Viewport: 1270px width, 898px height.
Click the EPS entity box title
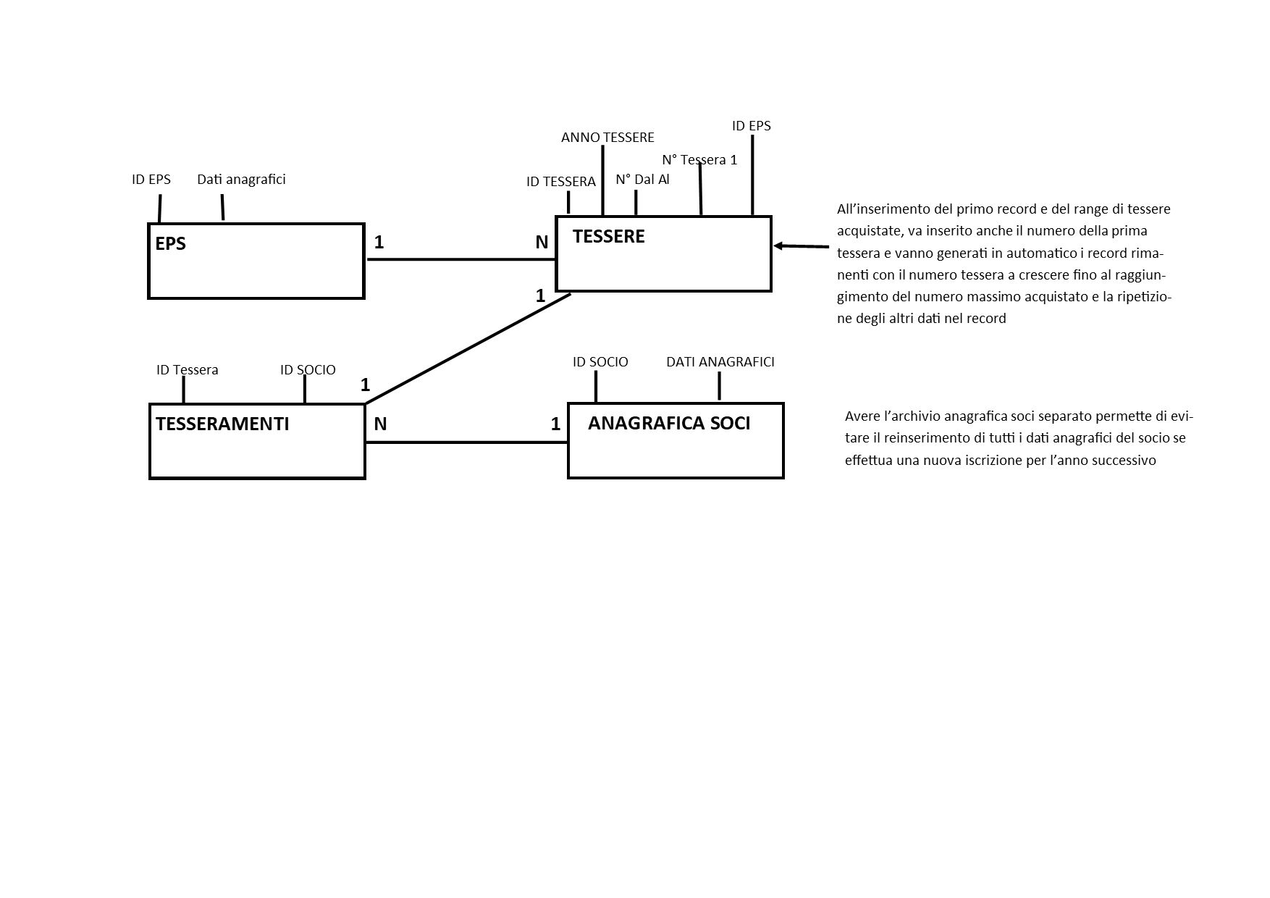170,244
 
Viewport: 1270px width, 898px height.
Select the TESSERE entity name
608,237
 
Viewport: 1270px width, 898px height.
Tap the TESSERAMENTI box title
222,424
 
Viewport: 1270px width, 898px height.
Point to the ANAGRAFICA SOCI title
669,424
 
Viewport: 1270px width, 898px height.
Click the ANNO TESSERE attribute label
607,138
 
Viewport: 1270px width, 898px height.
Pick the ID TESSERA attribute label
561,182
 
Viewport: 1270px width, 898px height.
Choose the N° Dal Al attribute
642,180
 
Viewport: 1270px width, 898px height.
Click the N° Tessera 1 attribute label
699,159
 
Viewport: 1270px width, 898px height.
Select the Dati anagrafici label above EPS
241,180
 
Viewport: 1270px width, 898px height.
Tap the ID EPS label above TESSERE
752,126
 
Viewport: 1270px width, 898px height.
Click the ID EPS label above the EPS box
151,180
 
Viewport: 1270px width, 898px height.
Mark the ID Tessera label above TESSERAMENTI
187,370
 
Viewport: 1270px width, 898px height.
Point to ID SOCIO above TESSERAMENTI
308,370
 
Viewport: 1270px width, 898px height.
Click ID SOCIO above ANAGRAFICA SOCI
600,362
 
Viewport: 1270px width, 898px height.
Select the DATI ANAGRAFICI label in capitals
720,362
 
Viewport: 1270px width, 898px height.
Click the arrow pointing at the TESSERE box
801,246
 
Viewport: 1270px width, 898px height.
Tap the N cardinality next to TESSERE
542,243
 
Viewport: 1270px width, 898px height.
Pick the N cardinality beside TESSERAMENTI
380,424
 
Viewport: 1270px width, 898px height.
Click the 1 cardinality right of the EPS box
379,242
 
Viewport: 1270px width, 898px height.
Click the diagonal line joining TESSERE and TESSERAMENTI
468,348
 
